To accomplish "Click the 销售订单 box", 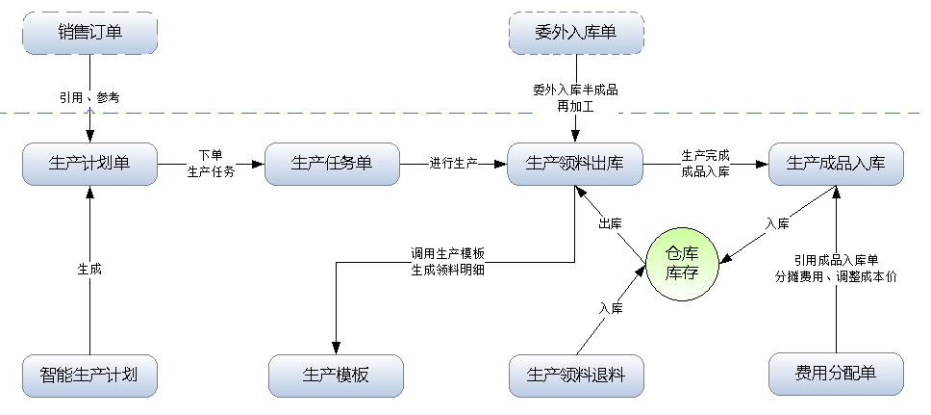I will coord(89,34).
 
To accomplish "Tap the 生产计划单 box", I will coord(89,163).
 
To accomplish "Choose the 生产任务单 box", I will coord(331,163).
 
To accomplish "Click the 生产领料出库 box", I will coord(575,163).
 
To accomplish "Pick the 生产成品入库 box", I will coord(836,163).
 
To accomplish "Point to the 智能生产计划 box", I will coord(89,375).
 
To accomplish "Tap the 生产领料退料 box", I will coord(576,375).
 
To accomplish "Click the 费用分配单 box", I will coord(836,375).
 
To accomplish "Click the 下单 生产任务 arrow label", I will coord(211,163).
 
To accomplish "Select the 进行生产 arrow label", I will coord(454,163).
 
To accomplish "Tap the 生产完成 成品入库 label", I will coord(705,163).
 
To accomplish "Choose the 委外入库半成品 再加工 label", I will coord(575,98).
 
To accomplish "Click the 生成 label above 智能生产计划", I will coord(89,270).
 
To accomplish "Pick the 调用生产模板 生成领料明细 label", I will coord(447,262).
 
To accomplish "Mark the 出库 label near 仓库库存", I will coord(610,223).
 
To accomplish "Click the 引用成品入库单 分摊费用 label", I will coord(836,269).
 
